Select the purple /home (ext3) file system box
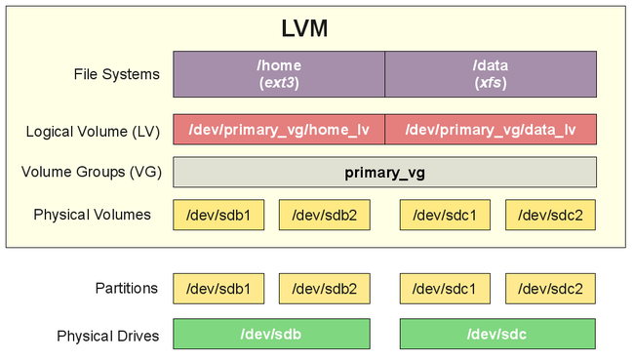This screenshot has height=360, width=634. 279,74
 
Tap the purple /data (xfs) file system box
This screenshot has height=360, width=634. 490,74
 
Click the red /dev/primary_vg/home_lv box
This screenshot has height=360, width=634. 279,130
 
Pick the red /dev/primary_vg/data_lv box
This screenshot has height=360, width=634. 490,130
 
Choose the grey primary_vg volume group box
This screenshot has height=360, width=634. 384,173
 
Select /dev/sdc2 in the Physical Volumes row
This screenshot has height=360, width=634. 550,215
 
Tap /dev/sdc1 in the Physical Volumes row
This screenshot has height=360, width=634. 445,215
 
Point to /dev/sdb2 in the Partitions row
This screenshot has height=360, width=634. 324,289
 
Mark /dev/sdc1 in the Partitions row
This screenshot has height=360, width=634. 445,289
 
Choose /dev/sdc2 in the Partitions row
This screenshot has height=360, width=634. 550,289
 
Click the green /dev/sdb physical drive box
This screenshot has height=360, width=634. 271,335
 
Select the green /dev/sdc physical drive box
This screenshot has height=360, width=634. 497,335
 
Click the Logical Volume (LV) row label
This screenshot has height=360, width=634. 91,131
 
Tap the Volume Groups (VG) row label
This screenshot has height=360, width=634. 91,173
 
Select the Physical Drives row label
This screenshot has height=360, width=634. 107,336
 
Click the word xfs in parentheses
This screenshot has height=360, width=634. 490,84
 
